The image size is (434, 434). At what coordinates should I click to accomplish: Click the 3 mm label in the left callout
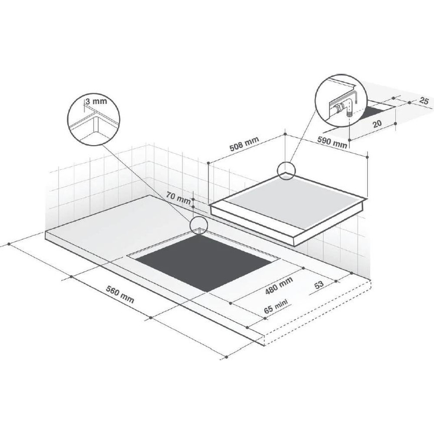tap(96, 101)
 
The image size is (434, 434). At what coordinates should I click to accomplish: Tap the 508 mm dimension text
tap(244, 144)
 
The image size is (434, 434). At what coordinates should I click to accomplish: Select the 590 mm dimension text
tap(332, 142)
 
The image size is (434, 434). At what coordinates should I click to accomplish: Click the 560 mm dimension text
tap(120, 294)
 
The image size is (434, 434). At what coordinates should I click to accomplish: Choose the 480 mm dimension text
tap(279, 286)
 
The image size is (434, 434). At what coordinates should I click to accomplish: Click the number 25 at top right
tap(424, 101)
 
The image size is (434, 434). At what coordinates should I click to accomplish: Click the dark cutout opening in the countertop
tap(207, 262)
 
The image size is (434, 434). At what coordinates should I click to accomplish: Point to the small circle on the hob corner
tap(287, 170)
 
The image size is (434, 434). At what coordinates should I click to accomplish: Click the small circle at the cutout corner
tap(198, 225)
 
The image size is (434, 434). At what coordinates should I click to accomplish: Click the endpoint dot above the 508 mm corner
tap(285, 134)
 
